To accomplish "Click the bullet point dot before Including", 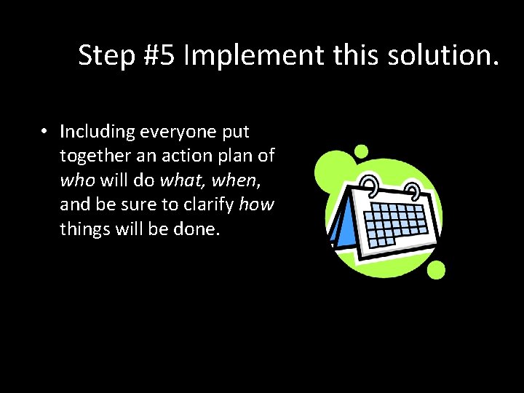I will pyautogui.click(x=44, y=132).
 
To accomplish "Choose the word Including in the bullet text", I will pyautogui.click(x=98, y=132).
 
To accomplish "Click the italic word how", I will pyautogui.click(x=256, y=205).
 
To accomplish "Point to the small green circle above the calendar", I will pyautogui.click(x=361, y=151).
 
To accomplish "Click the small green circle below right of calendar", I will pyautogui.click(x=435, y=271).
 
